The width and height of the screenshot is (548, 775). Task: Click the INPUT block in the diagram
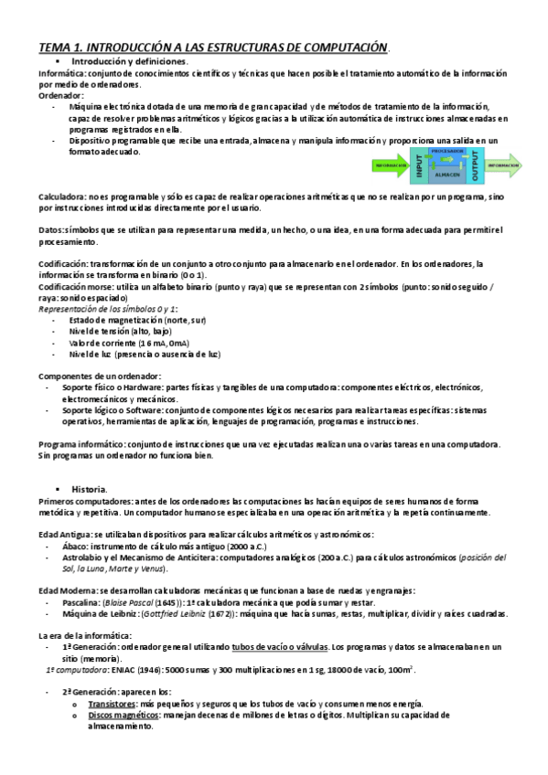point(420,166)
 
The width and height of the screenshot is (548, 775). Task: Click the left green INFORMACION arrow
point(390,166)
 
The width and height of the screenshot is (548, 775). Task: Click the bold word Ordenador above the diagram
point(60,95)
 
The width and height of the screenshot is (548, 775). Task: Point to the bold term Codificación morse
point(79,286)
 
